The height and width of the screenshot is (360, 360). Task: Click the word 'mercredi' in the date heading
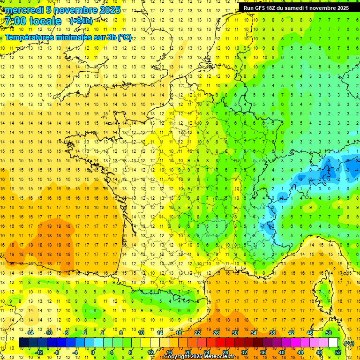pos(24,10)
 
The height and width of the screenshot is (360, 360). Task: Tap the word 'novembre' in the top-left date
pos(74,10)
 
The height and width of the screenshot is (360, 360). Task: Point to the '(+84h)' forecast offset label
pos(80,21)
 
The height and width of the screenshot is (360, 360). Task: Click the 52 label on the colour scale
pos(337,352)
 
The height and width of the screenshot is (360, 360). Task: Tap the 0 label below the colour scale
pos(93,352)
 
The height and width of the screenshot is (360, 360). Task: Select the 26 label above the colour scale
pos(216,333)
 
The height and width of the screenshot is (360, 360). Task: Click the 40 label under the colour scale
pos(281,352)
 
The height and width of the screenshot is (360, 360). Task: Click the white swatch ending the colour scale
pos(333,343)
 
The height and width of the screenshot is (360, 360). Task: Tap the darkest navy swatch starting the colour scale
pos(23,343)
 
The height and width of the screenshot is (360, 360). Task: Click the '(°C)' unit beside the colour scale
pos(349,343)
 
